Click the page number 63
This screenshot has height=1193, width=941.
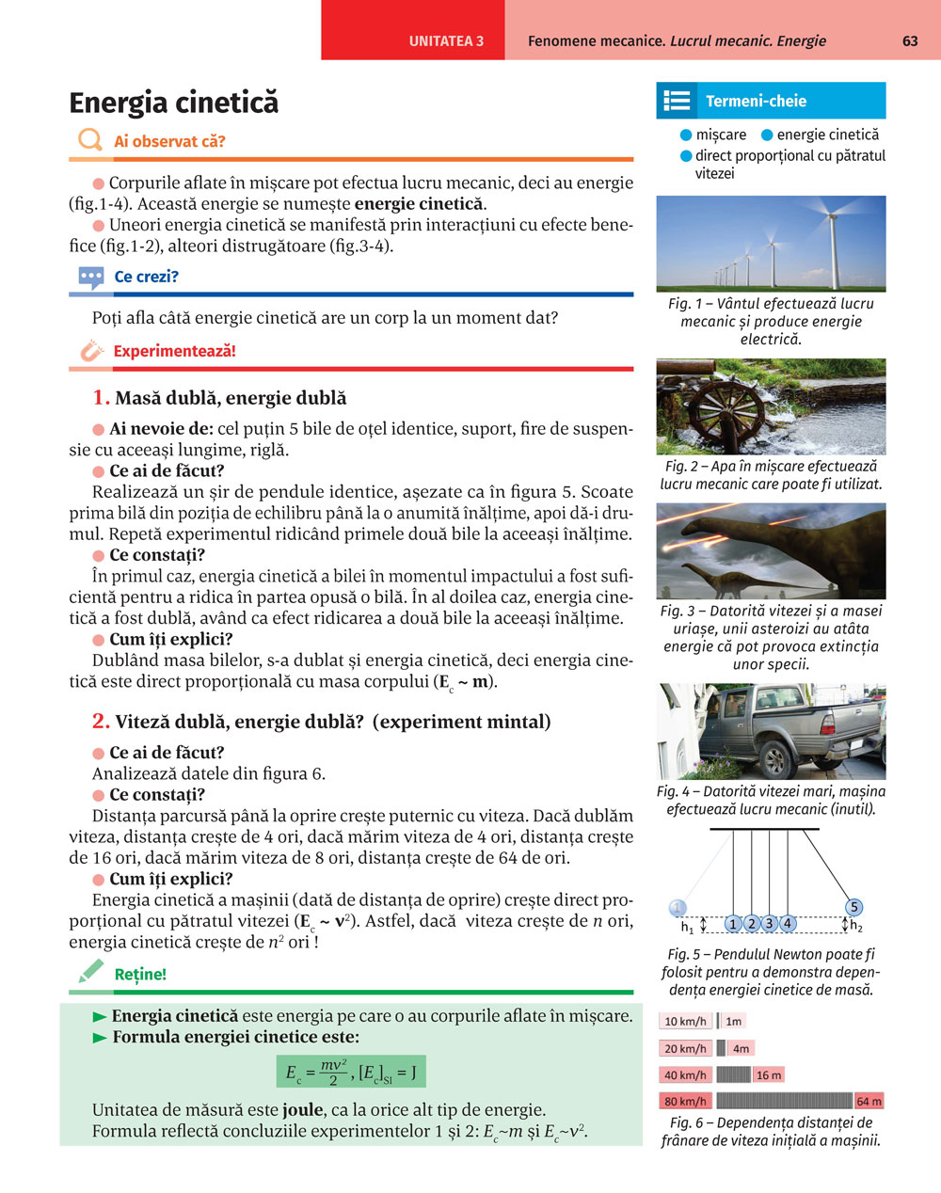click(910, 40)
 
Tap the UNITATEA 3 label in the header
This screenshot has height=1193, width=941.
click(446, 41)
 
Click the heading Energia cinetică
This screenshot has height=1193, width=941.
click(174, 103)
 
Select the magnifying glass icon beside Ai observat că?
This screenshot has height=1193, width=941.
click(90, 140)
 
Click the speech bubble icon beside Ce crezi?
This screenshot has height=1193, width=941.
click(91, 277)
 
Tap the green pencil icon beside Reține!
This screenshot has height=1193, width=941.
click(91, 972)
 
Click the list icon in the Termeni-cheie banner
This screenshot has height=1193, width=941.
click(677, 101)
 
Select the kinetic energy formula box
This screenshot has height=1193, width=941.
click(350, 1071)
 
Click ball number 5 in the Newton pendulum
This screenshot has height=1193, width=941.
click(853, 907)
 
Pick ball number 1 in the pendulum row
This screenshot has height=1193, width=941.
click(733, 924)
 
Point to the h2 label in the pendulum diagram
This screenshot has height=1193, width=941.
click(856, 927)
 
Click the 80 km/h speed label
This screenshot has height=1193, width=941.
click(685, 1101)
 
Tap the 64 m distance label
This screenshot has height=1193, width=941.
click(869, 1101)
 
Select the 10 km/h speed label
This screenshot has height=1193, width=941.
click(685, 1021)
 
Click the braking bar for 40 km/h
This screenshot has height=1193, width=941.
click(733, 1074)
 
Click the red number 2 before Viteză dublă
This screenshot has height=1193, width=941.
click(101, 722)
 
